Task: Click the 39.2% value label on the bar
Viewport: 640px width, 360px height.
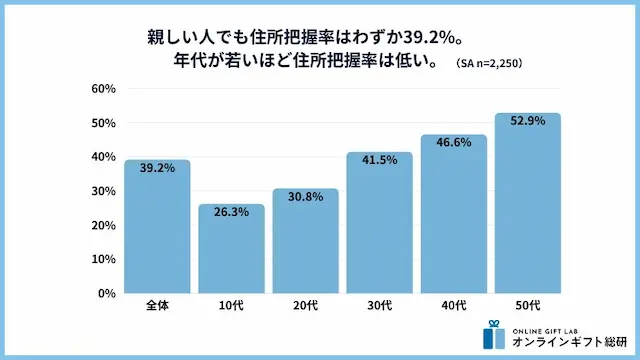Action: [157, 168]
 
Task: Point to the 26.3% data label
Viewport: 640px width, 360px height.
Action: [231, 212]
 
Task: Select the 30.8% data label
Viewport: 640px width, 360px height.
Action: [305, 197]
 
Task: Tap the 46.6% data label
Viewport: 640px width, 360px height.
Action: [453, 143]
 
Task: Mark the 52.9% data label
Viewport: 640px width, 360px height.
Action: [527, 122]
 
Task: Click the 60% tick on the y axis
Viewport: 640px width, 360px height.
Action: [104, 89]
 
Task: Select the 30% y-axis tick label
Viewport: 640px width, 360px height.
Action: [104, 191]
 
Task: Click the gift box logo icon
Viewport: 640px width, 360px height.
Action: [490, 335]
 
